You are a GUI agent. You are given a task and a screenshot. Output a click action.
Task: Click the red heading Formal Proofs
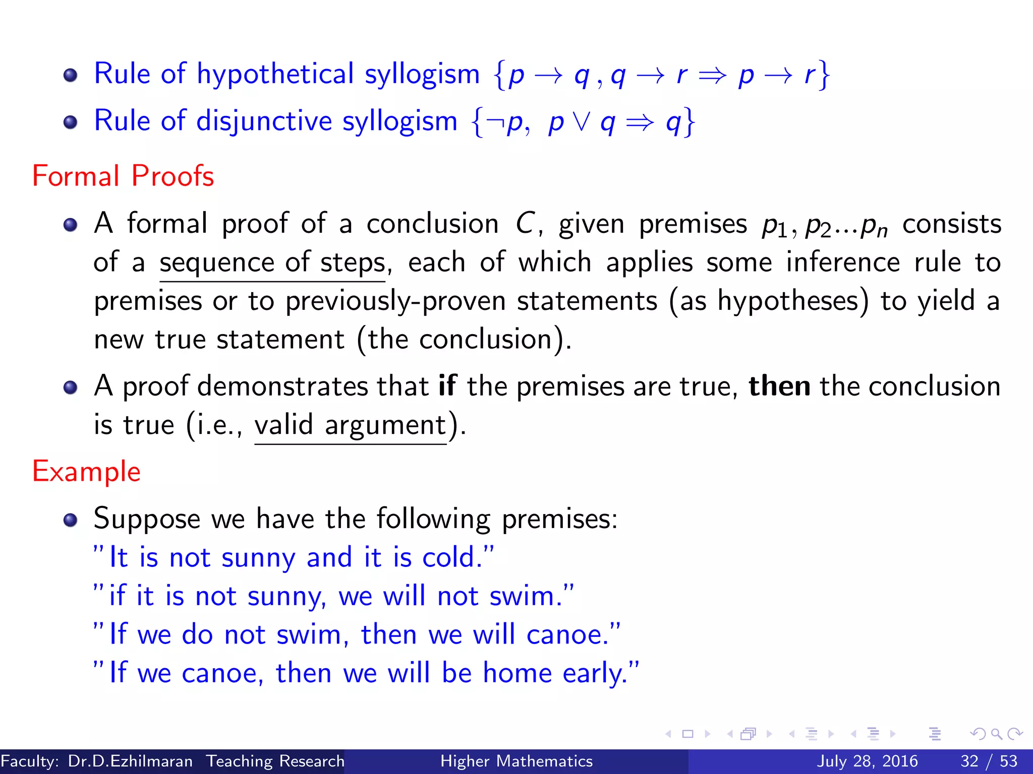(123, 176)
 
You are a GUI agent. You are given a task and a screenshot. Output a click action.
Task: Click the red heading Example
(86, 472)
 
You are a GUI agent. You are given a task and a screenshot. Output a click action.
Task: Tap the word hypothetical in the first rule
(275, 74)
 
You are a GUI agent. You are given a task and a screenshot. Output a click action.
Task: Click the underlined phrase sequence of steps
(272, 263)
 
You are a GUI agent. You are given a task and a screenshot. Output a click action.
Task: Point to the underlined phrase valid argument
(351, 425)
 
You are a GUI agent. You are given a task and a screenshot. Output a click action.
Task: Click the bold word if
(447, 386)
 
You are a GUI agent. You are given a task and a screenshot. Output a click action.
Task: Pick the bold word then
(779, 386)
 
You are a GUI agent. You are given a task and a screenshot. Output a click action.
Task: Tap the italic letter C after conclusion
(525, 223)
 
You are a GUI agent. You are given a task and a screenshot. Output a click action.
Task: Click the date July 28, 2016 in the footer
(867, 761)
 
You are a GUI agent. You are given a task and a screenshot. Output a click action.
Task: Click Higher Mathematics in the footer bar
(516, 761)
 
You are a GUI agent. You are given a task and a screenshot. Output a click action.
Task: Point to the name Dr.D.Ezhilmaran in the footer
(130, 761)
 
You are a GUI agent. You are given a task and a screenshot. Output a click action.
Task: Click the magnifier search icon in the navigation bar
(996, 734)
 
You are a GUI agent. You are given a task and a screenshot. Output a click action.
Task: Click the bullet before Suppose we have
(71, 520)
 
